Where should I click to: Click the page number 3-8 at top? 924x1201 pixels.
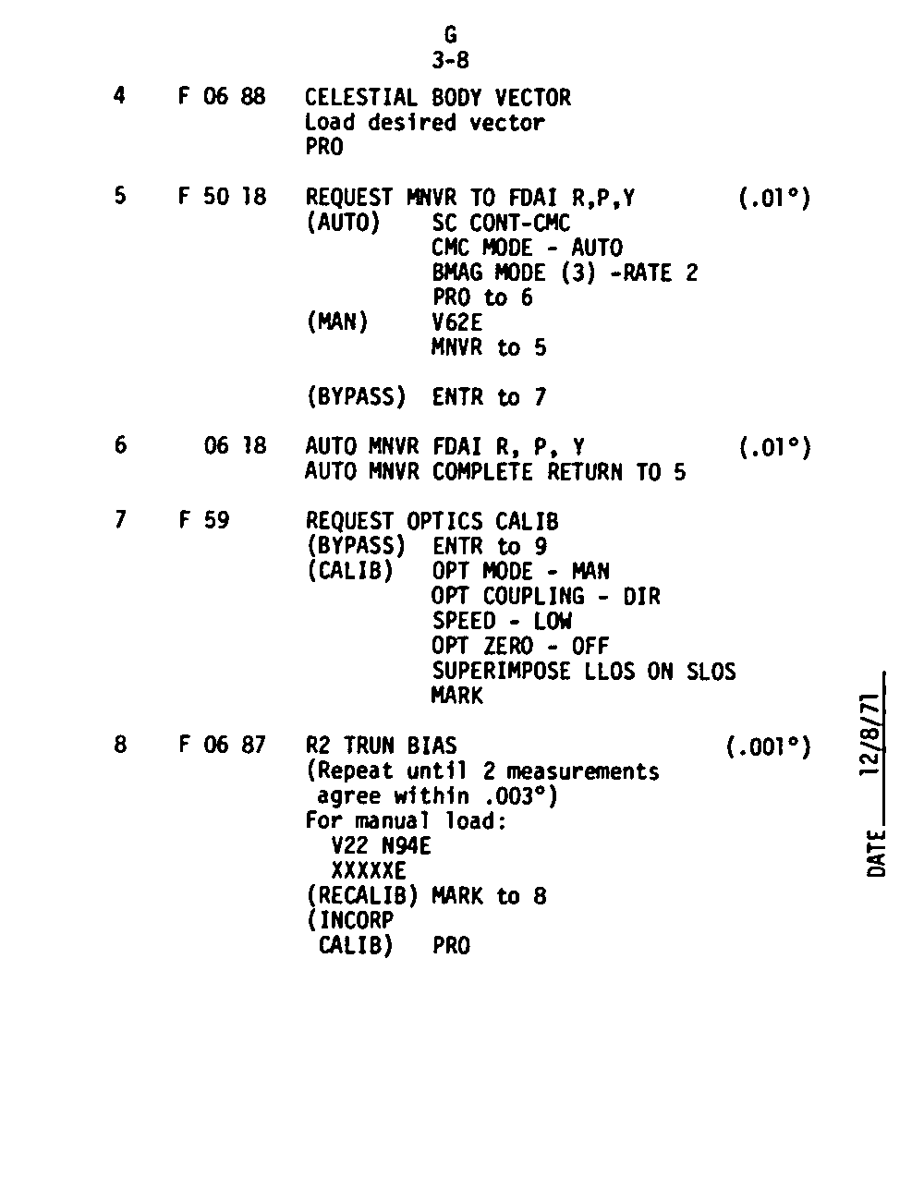pos(450,61)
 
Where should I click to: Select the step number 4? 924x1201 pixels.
pos(120,96)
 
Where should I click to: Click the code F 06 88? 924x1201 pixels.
pos(222,97)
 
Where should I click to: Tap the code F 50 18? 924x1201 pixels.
pos(222,197)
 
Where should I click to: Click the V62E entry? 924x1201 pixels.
pos(456,322)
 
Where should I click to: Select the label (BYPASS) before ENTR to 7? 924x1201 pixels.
pos(356,397)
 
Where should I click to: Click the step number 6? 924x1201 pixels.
pos(120,445)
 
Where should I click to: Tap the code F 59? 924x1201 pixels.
pos(204,520)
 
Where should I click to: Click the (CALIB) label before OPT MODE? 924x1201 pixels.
pos(349,571)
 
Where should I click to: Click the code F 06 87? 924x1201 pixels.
pos(222,745)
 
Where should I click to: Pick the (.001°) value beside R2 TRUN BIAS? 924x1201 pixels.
pos(769,746)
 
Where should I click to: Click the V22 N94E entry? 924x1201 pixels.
pos(381,845)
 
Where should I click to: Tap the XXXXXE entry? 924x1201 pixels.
pos(369,870)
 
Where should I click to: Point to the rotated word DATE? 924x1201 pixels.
pos(877,854)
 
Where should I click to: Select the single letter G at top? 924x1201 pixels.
pos(450,35)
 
